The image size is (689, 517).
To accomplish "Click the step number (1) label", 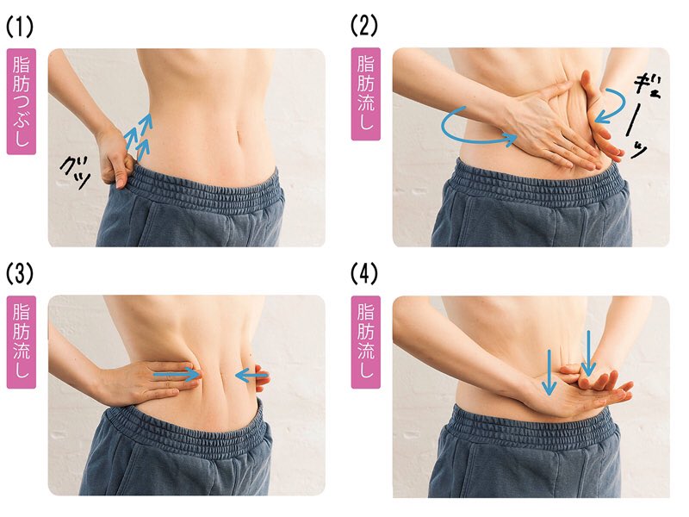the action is pyautogui.click(x=20, y=28).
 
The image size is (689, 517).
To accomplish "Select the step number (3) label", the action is pyautogui.click(x=20, y=274).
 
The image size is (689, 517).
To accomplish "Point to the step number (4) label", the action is pyautogui.click(x=364, y=274).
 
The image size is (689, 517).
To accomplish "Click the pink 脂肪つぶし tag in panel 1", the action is pyautogui.click(x=21, y=102).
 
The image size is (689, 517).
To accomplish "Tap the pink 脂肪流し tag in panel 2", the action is pyautogui.click(x=365, y=94).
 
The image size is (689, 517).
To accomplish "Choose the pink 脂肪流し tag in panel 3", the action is pyautogui.click(x=21, y=341).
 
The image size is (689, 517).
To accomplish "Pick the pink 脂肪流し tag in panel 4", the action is pyautogui.click(x=365, y=341).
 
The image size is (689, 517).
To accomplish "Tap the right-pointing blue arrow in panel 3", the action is pyautogui.click(x=177, y=375).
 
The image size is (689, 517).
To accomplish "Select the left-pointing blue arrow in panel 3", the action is pyautogui.click(x=251, y=375).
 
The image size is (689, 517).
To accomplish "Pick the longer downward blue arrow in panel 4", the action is pyautogui.click(x=588, y=352).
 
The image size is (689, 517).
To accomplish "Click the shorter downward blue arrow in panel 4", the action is pyautogui.click(x=549, y=371).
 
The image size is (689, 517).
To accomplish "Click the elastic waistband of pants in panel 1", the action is pyautogui.click(x=207, y=188).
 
